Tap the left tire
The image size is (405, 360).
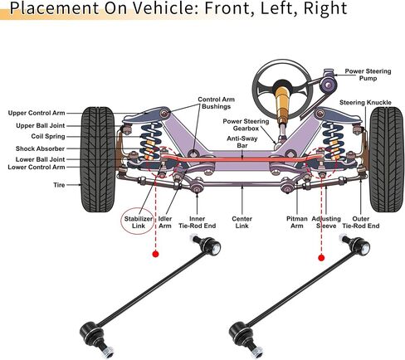[98, 159]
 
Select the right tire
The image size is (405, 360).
[387, 159]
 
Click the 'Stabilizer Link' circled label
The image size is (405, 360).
[138, 222]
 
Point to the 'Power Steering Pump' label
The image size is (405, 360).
[368, 75]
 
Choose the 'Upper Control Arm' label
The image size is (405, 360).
[37, 113]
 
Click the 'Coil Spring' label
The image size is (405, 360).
[48, 136]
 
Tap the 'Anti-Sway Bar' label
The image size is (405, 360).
[242, 142]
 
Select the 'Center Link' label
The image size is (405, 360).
[242, 222]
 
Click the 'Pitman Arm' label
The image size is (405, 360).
[297, 222]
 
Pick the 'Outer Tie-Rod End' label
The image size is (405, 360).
[361, 222]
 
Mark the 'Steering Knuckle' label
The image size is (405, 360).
[365, 103]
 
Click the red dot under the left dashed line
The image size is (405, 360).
[156, 254]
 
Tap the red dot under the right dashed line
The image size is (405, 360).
[321, 258]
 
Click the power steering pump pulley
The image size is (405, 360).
[328, 85]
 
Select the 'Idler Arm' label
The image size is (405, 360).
[165, 222]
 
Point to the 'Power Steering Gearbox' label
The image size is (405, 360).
[246, 124]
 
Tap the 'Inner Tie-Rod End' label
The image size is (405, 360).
[197, 222]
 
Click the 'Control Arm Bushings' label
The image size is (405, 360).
[216, 103]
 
